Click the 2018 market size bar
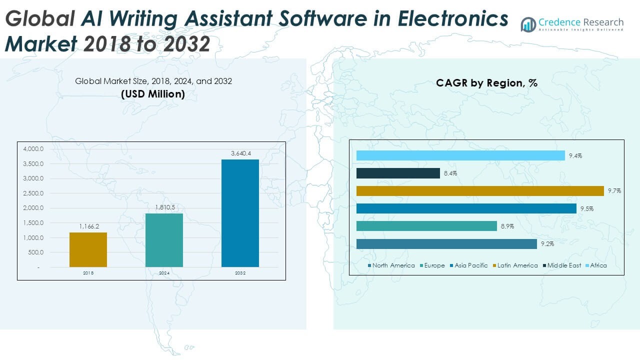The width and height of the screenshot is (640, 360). [88, 249]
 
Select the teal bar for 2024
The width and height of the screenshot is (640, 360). [164, 240]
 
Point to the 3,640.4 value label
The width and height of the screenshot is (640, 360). [240, 153]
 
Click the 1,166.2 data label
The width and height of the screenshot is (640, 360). [88, 226]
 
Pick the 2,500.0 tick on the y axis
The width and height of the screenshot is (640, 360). [33, 193]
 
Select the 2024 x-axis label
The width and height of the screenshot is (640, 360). [164, 273]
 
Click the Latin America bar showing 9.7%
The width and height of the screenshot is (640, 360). [480, 191]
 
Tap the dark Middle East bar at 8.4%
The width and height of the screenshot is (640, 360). [398, 173]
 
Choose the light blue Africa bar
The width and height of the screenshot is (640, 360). [460, 155]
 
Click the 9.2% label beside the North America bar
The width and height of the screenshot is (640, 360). [547, 244]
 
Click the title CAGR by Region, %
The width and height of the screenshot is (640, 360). [486, 83]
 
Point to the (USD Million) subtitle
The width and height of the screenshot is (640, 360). [153, 93]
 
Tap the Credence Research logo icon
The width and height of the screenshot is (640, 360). [528, 24]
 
